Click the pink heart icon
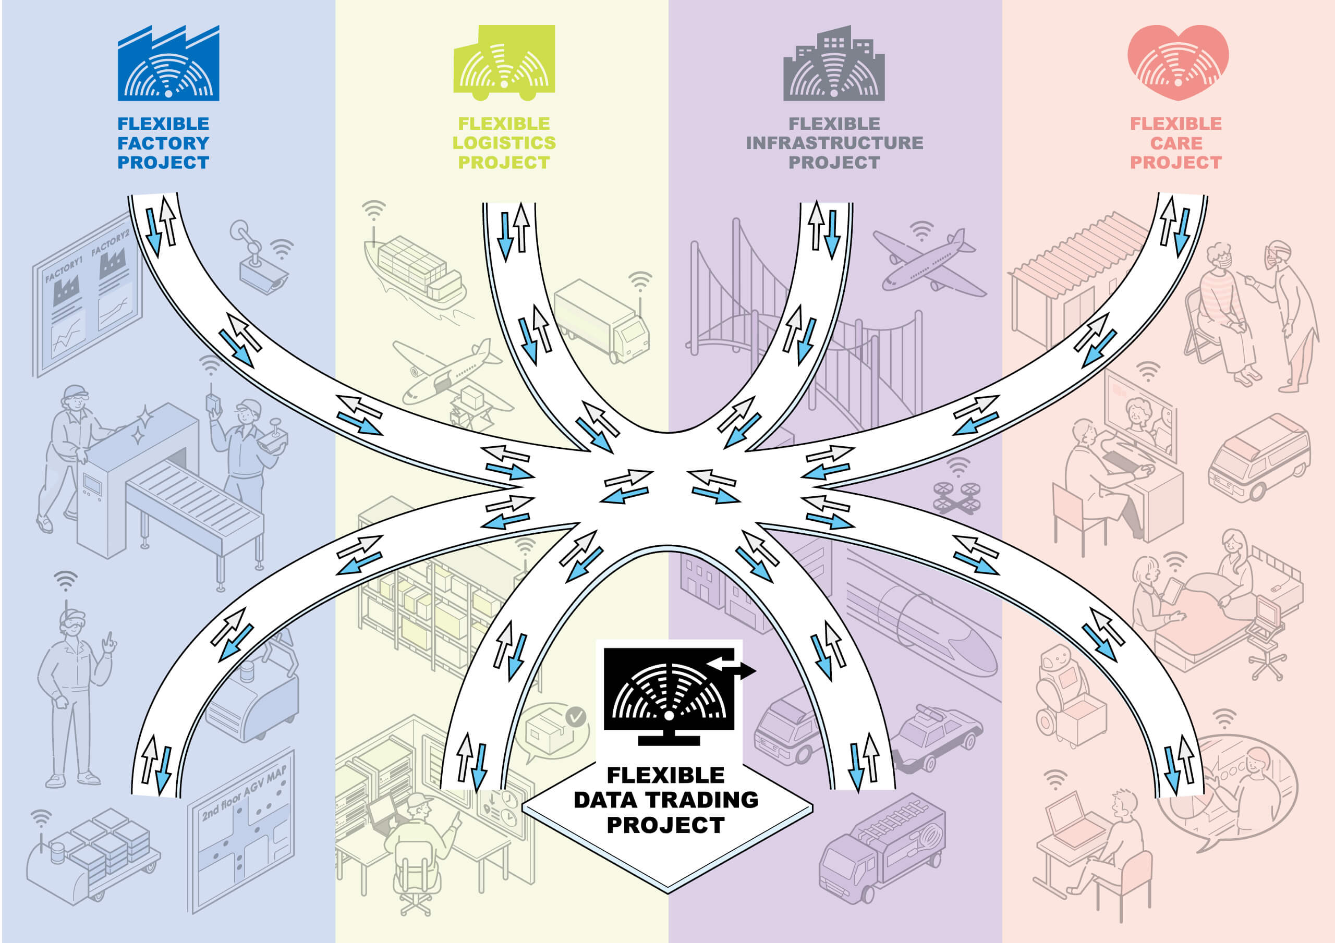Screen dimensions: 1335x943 (x=1178, y=62)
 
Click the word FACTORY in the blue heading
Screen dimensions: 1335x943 (x=163, y=143)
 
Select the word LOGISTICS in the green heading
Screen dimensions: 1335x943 (x=504, y=143)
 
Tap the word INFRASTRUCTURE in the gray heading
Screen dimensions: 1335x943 (x=834, y=143)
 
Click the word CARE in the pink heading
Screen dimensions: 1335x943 (x=1176, y=143)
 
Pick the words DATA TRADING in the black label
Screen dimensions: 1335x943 (x=666, y=800)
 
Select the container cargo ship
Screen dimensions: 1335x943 (x=414, y=271)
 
